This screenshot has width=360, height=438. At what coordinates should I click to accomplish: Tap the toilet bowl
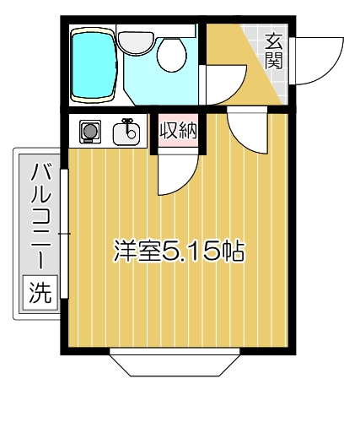tap(174, 58)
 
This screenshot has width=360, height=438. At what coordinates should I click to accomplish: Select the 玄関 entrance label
tap(273, 50)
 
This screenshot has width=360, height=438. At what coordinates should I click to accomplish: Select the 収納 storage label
tap(176, 130)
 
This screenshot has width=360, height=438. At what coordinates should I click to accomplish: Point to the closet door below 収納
tap(178, 173)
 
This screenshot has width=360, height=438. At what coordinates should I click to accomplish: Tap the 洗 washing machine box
tap(39, 293)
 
